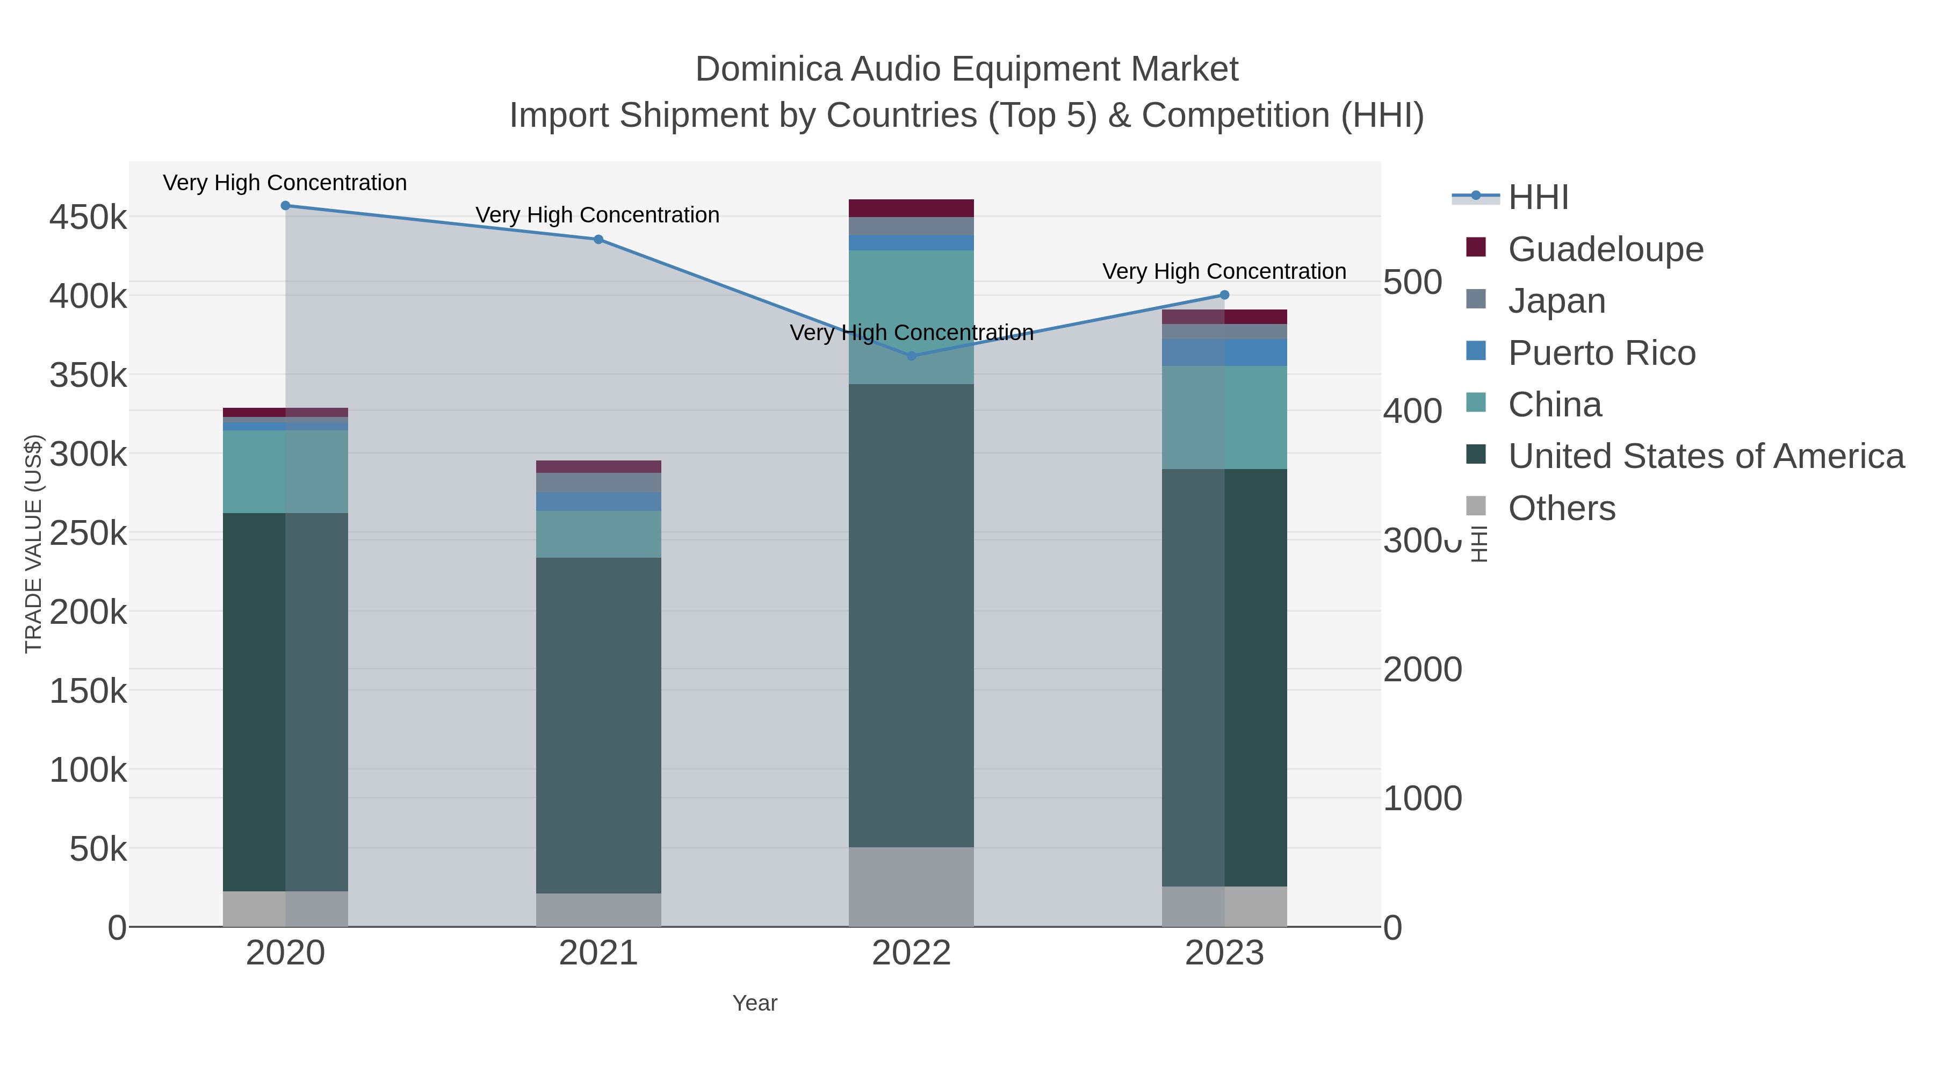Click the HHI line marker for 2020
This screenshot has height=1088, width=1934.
pos(285,206)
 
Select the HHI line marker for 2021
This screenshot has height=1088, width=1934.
pos(598,240)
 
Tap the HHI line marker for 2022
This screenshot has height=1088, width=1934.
pos(912,356)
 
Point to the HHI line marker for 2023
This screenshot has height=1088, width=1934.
pos(1224,295)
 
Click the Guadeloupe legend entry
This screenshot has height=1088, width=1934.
pos(1605,249)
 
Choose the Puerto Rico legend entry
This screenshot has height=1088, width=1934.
pos(1601,353)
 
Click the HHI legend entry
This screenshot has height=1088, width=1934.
pos(1538,198)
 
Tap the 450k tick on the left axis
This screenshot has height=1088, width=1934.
pos(89,218)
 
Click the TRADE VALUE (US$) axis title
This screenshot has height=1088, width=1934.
pos(34,544)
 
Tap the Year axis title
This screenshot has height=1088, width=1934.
pos(755,1003)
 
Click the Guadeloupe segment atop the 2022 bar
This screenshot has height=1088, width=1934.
pos(912,208)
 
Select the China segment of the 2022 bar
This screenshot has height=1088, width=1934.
pos(912,317)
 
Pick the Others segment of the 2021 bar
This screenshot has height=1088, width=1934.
pos(598,910)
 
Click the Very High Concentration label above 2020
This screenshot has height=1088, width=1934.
pos(285,183)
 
